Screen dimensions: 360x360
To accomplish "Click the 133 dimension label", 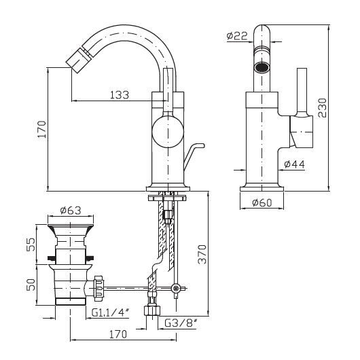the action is point(120,95).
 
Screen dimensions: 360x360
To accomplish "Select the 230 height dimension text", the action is point(322,108).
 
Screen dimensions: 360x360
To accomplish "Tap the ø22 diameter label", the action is point(237,36).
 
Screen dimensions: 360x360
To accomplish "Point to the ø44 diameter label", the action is point(294,164).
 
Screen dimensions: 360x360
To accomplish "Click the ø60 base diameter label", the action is point(262,202).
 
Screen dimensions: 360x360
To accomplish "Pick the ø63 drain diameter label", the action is point(71,211).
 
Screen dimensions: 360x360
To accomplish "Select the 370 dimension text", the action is point(202,255).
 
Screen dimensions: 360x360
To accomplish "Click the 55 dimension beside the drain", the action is point(31,245).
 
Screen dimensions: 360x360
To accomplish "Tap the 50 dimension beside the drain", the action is point(31,285).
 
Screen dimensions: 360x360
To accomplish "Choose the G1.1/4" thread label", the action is point(110,312).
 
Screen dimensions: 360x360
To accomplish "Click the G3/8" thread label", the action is point(181,323).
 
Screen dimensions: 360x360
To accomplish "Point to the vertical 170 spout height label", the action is point(42,129).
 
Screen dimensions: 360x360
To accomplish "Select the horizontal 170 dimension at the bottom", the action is point(118,334).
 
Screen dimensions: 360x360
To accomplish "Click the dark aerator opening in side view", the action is point(262,67).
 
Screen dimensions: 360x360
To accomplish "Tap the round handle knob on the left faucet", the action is point(168,131).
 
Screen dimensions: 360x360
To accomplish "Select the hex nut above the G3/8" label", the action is point(152,310).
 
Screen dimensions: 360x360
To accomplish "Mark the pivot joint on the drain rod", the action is point(176,288).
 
